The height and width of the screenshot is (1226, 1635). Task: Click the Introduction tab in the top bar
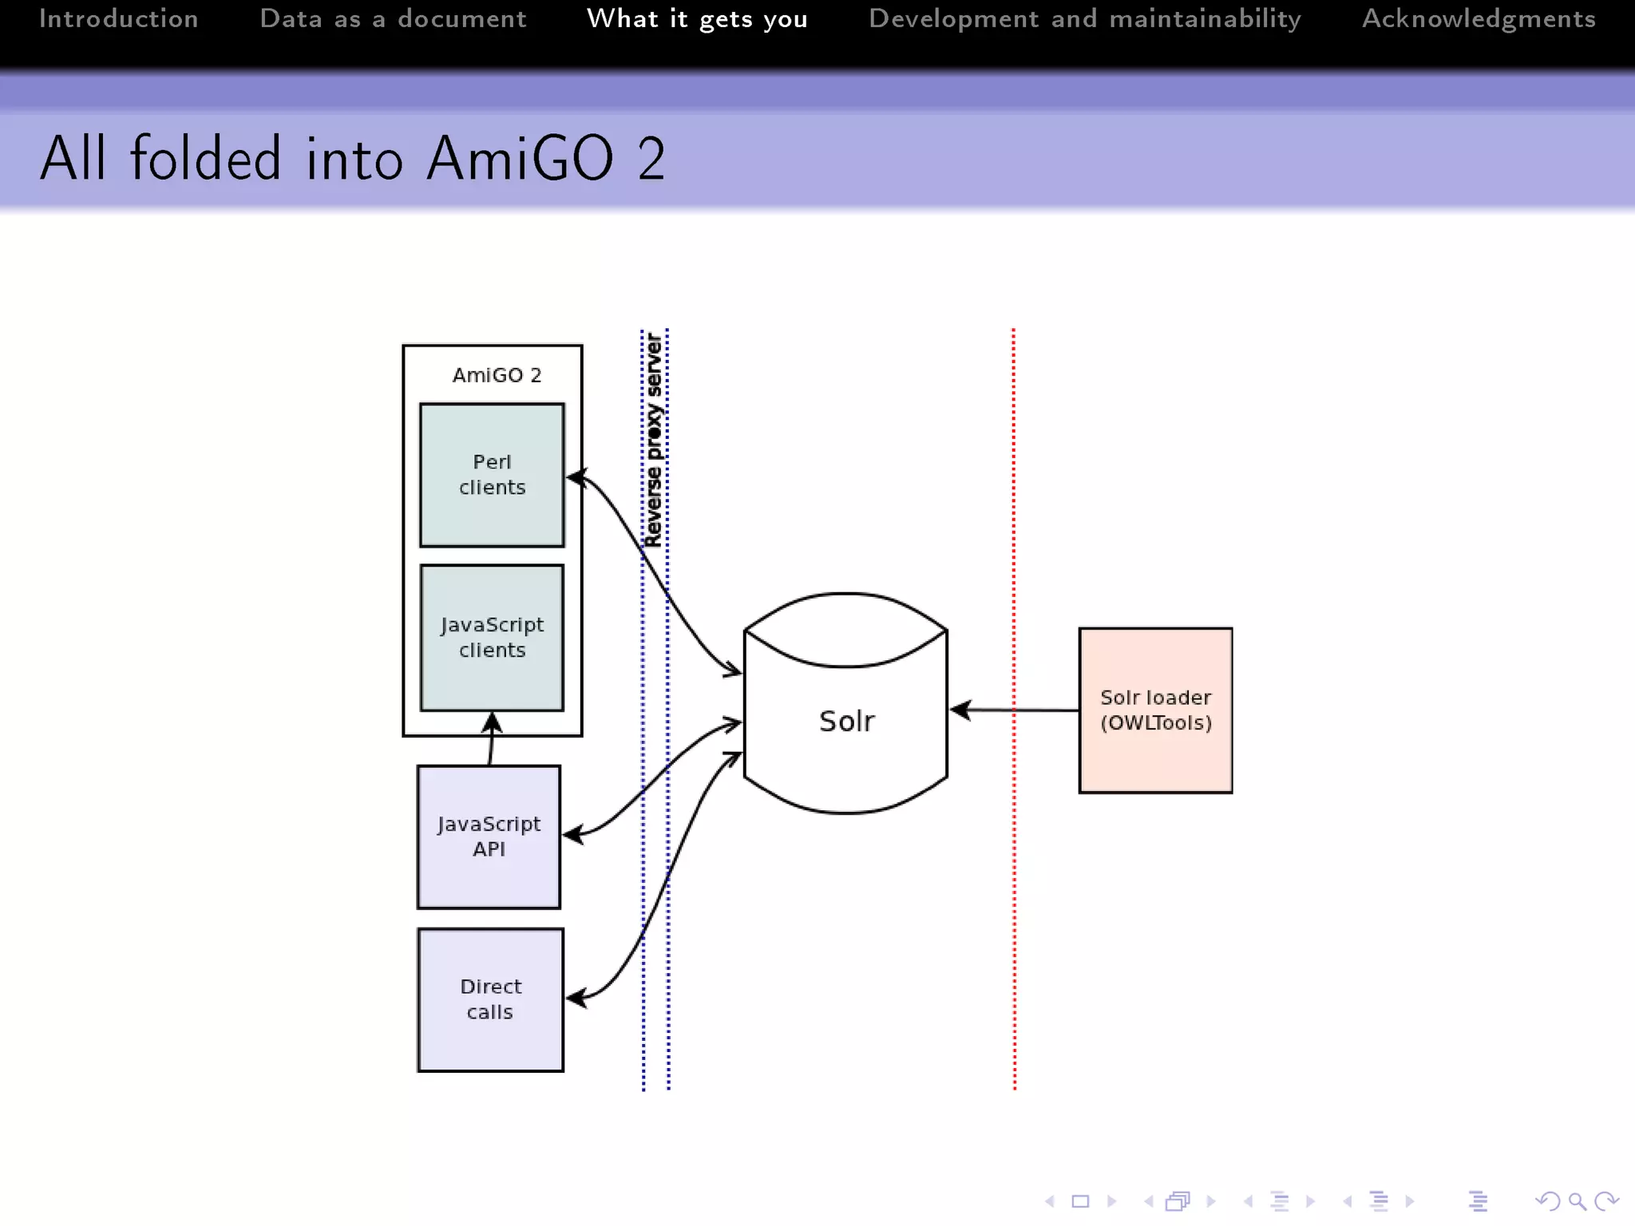[x=118, y=18]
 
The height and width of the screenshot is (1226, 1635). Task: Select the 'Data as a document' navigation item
[x=393, y=18]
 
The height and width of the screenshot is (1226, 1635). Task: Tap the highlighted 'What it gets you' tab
[x=697, y=18]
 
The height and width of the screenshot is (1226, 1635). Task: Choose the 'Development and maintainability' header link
[x=1084, y=18]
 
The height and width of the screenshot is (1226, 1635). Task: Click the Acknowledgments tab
[x=1479, y=18]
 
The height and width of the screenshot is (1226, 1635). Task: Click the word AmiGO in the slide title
[x=520, y=158]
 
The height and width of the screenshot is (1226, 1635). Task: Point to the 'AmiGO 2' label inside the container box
[x=497, y=375]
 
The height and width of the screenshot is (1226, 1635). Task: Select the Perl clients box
[x=492, y=475]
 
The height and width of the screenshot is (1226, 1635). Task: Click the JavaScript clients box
[x=492, y=637]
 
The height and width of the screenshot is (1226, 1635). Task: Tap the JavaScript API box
[x=489, y=836]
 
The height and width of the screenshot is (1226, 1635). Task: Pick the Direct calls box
[x=490, y=999]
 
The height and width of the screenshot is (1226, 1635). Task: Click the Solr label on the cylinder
[x=846, y=722]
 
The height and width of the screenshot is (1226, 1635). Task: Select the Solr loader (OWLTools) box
[x=1155, y=710]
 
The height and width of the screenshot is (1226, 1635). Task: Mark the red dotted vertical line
[x=1014, y=878]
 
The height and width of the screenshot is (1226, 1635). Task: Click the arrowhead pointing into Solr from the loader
[x=960, y=710]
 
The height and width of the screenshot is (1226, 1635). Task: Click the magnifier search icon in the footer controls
[x=1577, y=1201]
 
